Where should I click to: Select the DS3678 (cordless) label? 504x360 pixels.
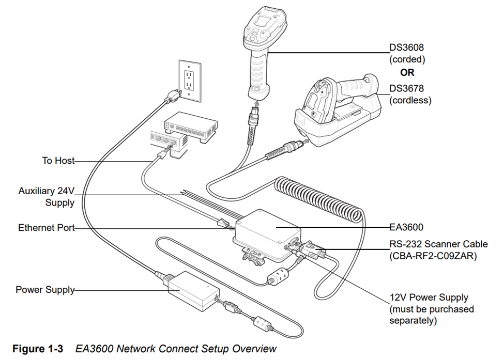click(x=410, y=95)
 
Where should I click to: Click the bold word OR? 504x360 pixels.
click(x=407, y=73)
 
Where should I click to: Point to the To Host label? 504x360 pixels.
click(x=58, y=161)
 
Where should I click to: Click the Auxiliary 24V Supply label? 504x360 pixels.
click(x=47, y=197)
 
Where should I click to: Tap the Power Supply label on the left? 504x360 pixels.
click(x=45, y=290)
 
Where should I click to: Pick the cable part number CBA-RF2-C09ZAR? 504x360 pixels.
click(x=433, y=255)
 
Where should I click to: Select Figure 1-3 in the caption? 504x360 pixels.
click(x=38, y=349)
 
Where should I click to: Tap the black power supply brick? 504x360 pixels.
click(x=193, y=291)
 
